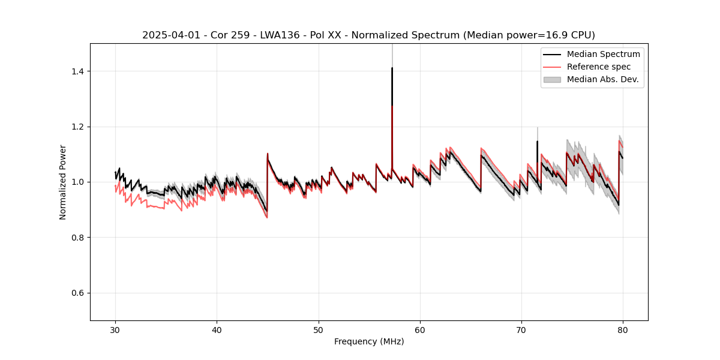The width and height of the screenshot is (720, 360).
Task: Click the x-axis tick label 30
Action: point(115,330)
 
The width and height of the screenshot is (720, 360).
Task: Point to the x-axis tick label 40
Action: point(217,330)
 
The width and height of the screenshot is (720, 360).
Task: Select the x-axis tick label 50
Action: point(319,330)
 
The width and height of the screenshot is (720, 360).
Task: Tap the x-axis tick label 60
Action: point(420,330)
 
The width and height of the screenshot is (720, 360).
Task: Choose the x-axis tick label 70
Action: point(521,330)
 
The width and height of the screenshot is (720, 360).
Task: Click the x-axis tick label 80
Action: point(623,330)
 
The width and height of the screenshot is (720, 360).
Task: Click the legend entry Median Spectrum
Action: point(603,54)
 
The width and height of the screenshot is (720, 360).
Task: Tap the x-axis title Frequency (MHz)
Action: point(369,341)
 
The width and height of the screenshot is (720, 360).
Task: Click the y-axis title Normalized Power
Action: point(63,182)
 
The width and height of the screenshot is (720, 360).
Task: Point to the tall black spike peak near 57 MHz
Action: point(392,68)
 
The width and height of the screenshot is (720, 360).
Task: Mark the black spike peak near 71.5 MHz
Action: point(537,142)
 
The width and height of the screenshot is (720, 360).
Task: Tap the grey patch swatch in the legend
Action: point(552,79)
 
